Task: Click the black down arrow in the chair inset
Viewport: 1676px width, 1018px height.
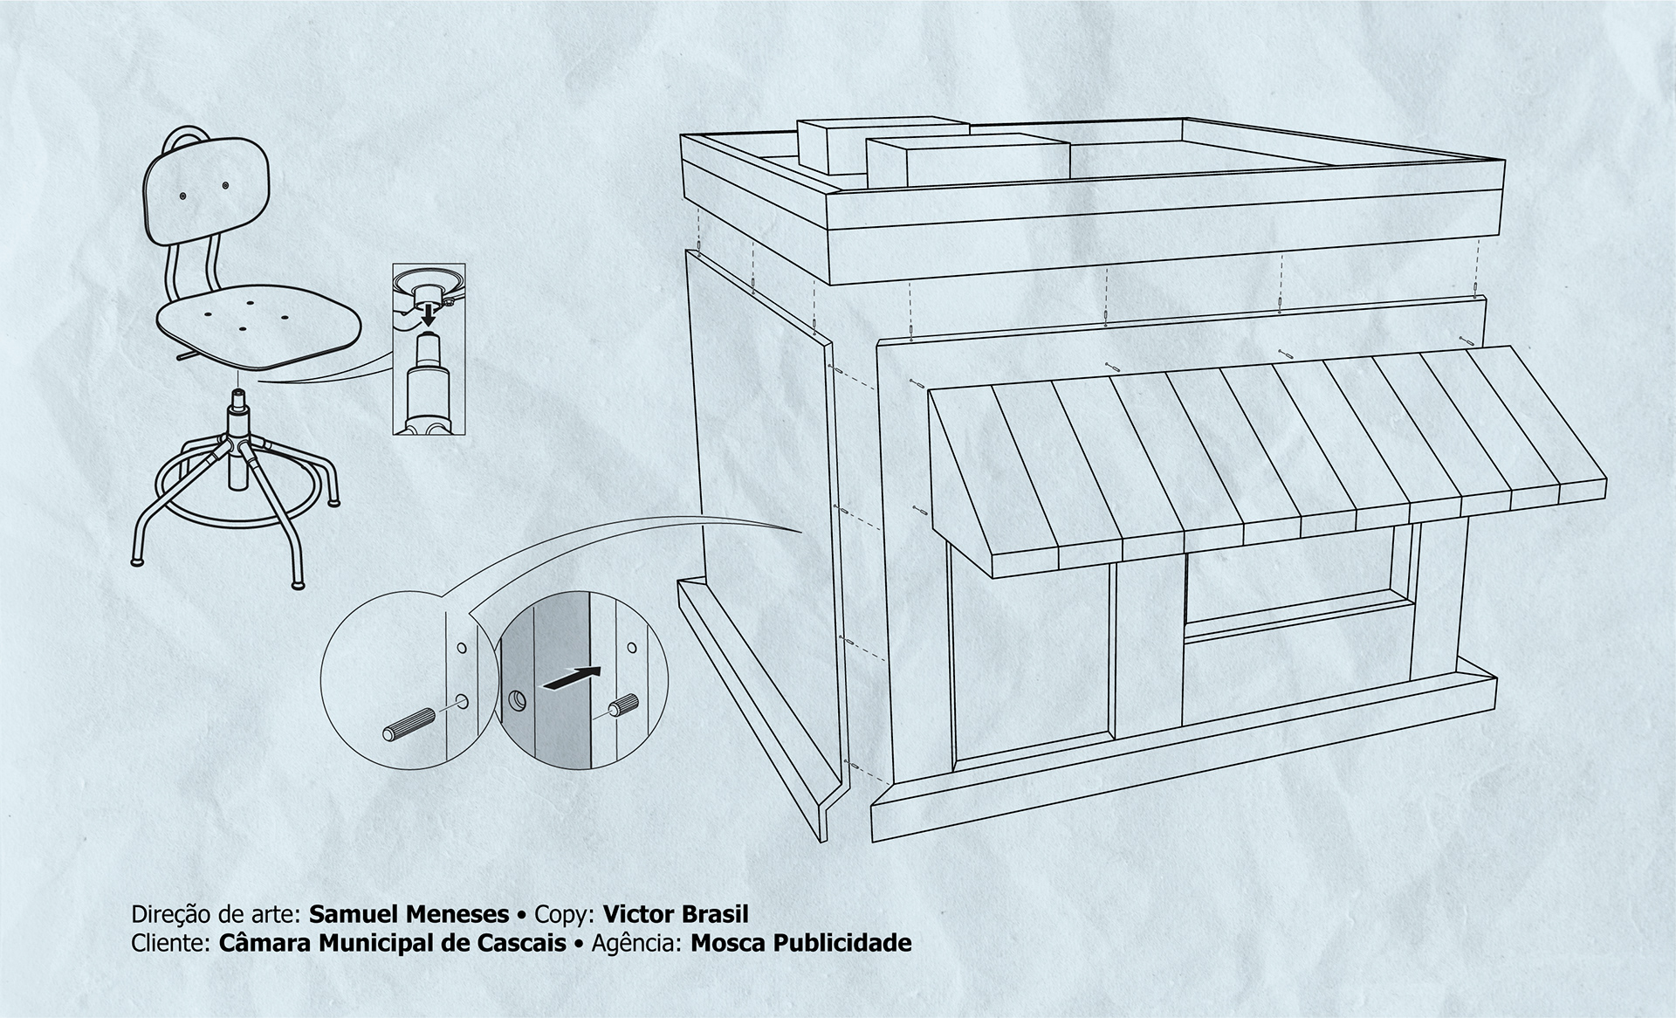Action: pyautogui.click(x=428, y=313)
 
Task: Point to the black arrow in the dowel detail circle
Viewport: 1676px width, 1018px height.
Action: pyautogui.click(x=572, y=678)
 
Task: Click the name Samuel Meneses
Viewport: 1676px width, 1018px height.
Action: pyautogui.click(x=409, y=914)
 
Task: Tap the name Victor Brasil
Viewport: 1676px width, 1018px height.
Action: pyautogui.click(x=676, y=914)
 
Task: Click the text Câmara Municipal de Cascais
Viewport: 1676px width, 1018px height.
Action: pyautogui.click(x=392, y=943)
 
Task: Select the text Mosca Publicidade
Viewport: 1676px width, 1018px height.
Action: pyautogui.click(x=800, y=943)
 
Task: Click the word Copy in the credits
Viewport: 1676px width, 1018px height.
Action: pyautogui.click(x=563, y=914)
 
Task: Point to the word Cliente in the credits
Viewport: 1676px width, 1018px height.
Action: pyautogui.click(x=168, y=943)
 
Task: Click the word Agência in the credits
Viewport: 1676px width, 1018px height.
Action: pyautogui.click(x=635, y=943)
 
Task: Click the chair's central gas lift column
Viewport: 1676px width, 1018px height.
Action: pyautogui.click(x=237, y=445)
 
